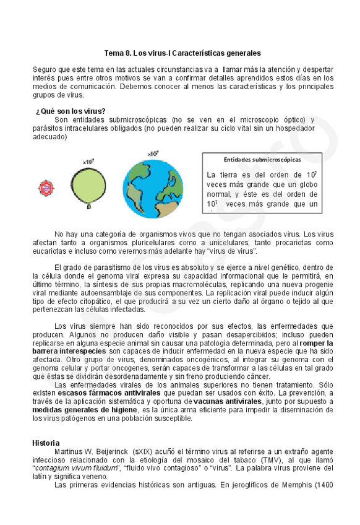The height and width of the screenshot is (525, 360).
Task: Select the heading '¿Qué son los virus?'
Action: coord(71,111)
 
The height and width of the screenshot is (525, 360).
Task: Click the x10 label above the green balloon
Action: coord(88,162)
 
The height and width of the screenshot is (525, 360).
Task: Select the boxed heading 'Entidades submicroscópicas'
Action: coord(262,160)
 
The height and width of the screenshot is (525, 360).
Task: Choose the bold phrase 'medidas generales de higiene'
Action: coord(86,410)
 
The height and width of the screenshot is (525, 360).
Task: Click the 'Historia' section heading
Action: coord(46,443)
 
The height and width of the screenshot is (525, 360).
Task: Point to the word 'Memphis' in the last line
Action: coord(292,485)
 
